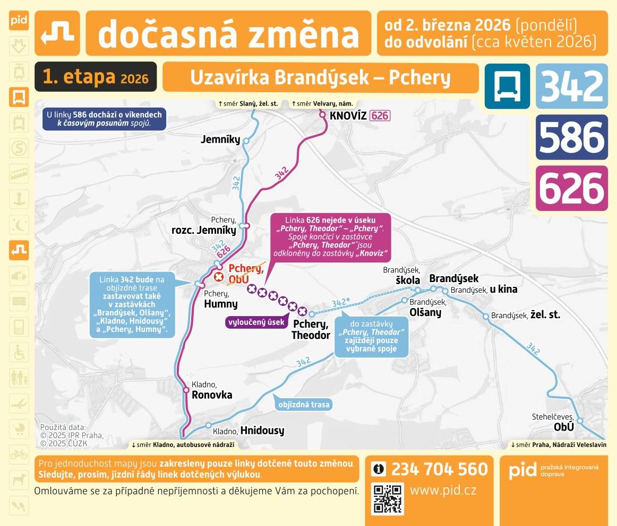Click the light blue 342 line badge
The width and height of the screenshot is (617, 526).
click(572, 86)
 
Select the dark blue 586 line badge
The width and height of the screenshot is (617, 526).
click(572, 137)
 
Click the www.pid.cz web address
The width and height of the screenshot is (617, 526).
click(443, 490)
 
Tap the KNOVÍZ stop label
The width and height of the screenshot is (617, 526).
click(348, 116)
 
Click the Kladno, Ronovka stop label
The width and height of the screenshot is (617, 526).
click(211, 390)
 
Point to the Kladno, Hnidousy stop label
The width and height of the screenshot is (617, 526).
click(248, 431)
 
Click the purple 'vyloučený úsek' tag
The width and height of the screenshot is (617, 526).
click(256, 322)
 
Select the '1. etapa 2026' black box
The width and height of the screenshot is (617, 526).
click(96, 77)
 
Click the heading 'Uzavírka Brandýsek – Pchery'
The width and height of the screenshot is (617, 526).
click(320, 77)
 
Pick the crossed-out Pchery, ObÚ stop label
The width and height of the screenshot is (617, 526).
click(246, 274)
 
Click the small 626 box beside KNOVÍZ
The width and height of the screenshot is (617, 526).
click(380, 116)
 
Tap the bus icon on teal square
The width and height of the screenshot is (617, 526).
click(507, 86)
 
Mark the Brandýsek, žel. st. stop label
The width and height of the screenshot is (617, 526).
click(525, 315)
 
